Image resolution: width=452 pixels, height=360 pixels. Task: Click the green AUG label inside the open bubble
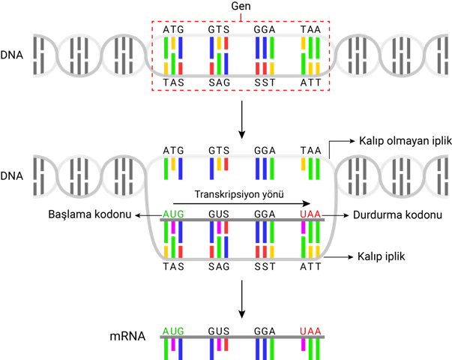click(x=173, y=214)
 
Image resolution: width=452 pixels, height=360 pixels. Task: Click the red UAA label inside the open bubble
click(x=310, y=214)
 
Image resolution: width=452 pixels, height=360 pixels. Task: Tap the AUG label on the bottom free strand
click(x=173, y=331)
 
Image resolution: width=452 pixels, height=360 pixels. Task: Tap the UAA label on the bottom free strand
click(x=310, y=331)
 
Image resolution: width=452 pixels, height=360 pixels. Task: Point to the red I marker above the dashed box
click(x=241, y=16)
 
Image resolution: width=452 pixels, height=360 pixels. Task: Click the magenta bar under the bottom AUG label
click(x=173, y=345)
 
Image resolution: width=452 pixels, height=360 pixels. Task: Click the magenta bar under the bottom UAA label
click(x=303, y=345)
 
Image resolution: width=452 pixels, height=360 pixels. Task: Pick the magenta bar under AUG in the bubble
click(x=173, y=227)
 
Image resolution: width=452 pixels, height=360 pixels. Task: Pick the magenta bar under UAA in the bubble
click(x=303, y=227)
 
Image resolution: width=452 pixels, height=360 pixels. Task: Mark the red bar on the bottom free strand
click(x=226, y=345)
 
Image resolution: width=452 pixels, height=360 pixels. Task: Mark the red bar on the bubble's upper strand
click(x=226, y=164)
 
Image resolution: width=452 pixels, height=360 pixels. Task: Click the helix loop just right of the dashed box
click(x=357, y=55)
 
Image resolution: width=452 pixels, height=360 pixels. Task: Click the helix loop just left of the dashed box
click(x=124, y=55)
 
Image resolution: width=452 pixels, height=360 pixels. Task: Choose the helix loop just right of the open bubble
click(x=357, y=176)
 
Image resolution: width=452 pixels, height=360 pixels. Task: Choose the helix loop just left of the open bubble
click(x=124, y=176)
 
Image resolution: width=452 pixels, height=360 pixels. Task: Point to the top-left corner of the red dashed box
click(x=152, y=22)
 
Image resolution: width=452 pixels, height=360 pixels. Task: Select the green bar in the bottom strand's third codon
click(x=272, y=349)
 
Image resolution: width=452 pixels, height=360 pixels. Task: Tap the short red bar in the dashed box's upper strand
click(x=226, y=43)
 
